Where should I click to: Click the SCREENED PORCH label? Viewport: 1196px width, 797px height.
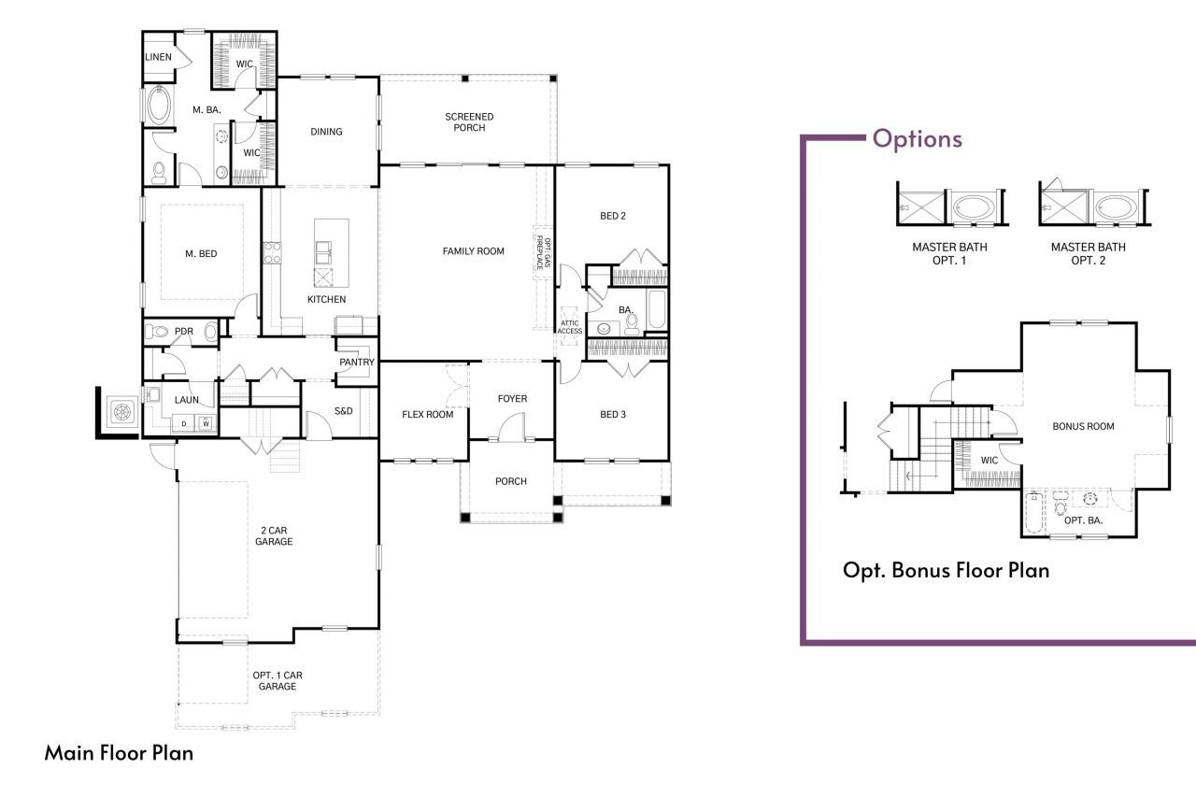(469, 122)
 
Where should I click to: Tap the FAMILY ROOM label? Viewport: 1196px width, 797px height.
(473, 251)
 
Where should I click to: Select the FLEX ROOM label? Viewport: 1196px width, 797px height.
(427, 415)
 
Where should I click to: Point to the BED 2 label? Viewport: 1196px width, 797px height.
(612, 217)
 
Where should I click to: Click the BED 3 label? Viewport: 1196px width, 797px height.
(612, 415)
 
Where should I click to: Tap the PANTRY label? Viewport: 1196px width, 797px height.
(356, 363)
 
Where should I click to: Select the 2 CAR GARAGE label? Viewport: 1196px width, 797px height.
(276, 535)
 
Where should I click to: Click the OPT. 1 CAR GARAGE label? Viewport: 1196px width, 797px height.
(278, 681)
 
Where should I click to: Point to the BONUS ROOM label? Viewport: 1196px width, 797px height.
(1083, 427)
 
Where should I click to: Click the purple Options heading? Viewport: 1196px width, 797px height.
(917, 139)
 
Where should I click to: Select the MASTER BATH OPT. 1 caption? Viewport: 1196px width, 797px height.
(949, 254)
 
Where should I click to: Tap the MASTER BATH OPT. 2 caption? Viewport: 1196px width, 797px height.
(1088, 254)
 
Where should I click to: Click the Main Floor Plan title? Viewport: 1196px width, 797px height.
(119, 753)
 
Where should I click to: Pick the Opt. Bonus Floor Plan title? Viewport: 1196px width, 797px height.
(946, 570)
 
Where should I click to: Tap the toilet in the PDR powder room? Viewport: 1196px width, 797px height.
(160, 331)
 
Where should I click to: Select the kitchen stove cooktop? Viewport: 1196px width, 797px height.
(273, 252)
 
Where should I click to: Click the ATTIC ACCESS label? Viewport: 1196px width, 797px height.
(570, 327)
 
